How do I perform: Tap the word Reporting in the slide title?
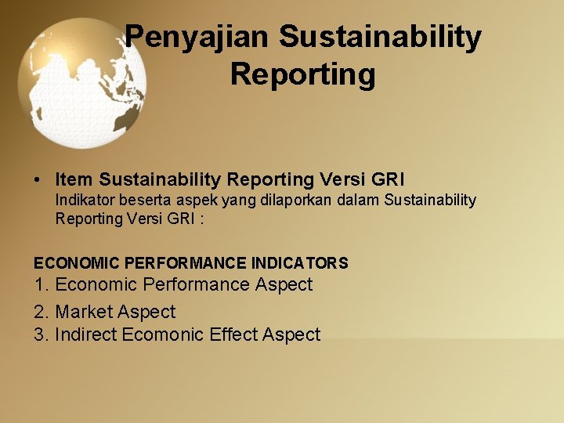coord(302,75)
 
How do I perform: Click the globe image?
coord(81,83)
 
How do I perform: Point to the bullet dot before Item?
coord(38,180)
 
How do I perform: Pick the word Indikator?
coord(85,200)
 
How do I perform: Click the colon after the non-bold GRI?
coord(201,219)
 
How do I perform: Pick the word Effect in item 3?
coord(233,334)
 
